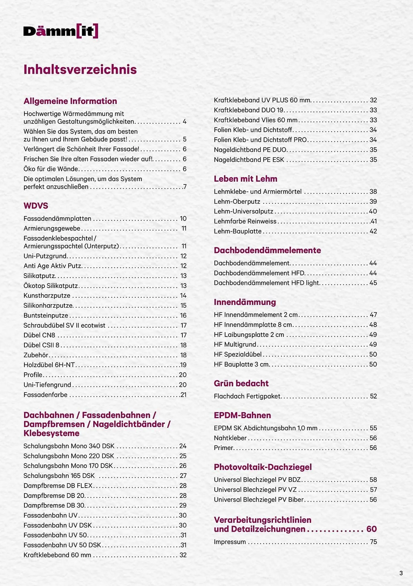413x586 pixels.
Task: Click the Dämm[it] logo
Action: point(61,31)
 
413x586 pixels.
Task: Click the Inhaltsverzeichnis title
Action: point(80,69)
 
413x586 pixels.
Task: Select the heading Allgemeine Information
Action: point(70,101)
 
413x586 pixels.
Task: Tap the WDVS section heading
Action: point(36,206)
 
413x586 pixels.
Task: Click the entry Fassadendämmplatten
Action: point(57,219)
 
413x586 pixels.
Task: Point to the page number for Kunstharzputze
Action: point(183,296)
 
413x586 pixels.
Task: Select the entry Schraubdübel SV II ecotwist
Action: point(64,325)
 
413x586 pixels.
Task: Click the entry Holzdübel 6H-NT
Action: point(49,365)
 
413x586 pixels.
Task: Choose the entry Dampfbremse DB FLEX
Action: point(58,486)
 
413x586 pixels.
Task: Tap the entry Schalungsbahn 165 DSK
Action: point(59,476)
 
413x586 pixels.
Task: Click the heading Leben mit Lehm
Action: point(245,179)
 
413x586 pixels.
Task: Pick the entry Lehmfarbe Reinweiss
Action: point(245,221)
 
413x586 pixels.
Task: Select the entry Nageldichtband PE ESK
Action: point(249,160)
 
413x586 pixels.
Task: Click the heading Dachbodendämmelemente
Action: point(267,250)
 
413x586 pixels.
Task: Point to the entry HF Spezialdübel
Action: point(238,354)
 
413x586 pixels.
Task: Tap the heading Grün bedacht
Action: point(241,383)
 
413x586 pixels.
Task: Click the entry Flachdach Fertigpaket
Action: point(247,396)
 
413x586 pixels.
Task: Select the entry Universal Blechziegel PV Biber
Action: point(259,500)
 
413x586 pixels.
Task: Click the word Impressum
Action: point(230,542)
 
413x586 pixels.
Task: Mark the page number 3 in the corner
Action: point(401,573)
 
